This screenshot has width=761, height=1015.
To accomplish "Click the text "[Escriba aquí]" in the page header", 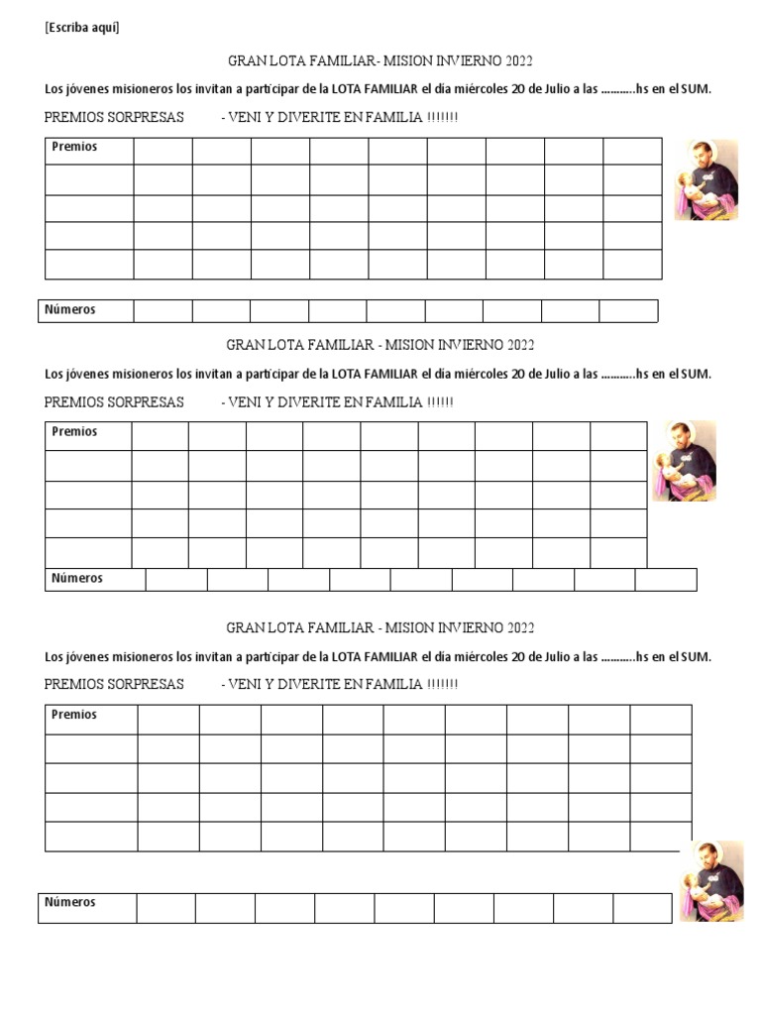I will [x=82, y=28].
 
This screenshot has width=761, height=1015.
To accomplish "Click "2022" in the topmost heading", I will [x=519, y=60].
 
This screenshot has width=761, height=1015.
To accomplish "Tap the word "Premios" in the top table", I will [x=74, y=147].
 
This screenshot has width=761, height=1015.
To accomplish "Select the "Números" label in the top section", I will [x=69, y=309].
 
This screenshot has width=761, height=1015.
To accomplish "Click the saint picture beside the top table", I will [x=707, y=179].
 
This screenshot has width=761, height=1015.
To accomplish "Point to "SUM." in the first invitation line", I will [x=696, y=89].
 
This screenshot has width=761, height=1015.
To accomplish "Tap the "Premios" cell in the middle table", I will [x=74, y=432].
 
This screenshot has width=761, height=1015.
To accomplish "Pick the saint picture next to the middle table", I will [x=684, y=460].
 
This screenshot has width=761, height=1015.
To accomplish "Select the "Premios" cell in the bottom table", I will [x=74, y=715].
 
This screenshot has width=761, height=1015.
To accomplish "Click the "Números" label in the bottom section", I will [x=69, y=902].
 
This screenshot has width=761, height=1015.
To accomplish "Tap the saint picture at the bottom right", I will [x=710, y=882].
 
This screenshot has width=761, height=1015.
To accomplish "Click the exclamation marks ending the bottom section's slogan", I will [x=442, y=685].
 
